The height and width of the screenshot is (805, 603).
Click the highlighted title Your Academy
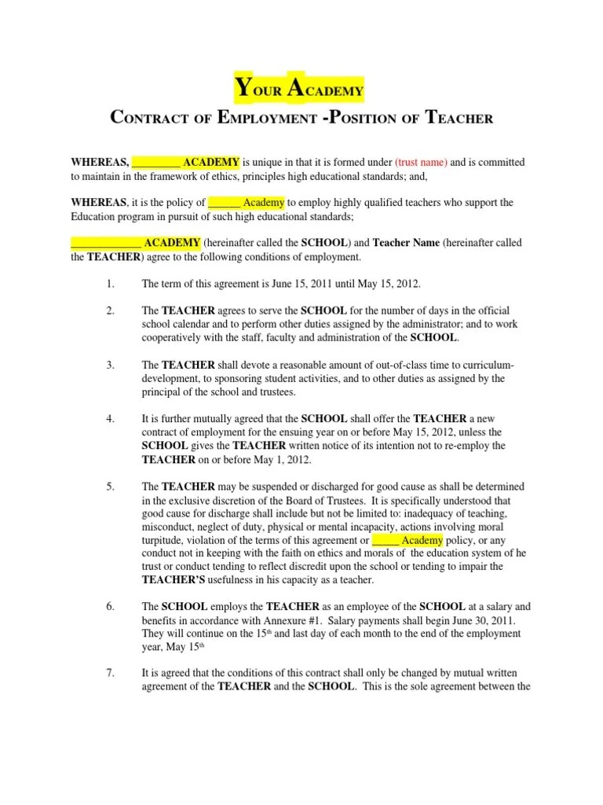click(299, 88)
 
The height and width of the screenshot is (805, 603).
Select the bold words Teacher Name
click(405, 242)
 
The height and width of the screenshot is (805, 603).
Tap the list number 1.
click(111, 283)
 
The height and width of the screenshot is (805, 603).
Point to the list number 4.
click(111, 418)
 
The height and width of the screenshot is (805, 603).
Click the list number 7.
click(111, 673)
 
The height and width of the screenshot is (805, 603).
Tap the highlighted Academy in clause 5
click(422, 540)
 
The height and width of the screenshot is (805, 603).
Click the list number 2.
click(111, 310)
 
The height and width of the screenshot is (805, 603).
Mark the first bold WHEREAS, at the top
click(100, 162)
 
